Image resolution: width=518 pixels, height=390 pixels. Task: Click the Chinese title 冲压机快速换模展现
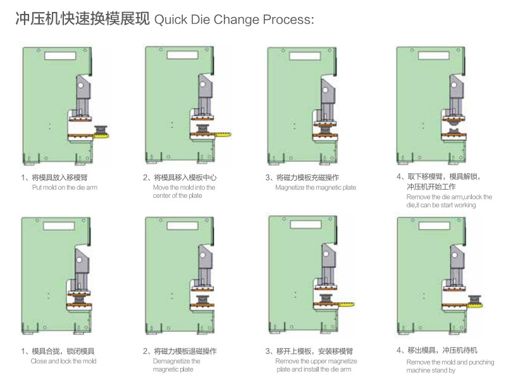click(83, 20)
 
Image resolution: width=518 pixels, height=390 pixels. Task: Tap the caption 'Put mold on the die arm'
click(65, 188)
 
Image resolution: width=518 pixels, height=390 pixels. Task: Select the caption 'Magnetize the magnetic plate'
click(316, 188)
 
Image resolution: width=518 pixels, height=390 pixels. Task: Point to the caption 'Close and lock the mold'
click(63, 362)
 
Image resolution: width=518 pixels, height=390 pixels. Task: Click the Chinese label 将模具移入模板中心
click(183, 178)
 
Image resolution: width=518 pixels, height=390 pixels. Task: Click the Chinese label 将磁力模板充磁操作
click(306, 178)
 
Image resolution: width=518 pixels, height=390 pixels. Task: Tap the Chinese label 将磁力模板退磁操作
click(183, 351)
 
